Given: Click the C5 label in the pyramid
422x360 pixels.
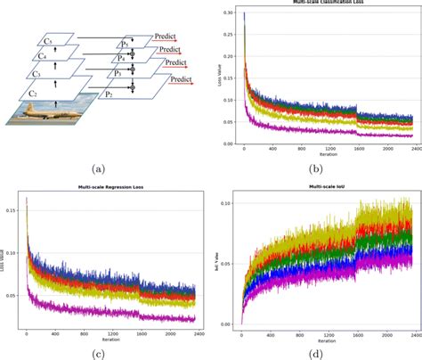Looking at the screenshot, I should tap(49, 42).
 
